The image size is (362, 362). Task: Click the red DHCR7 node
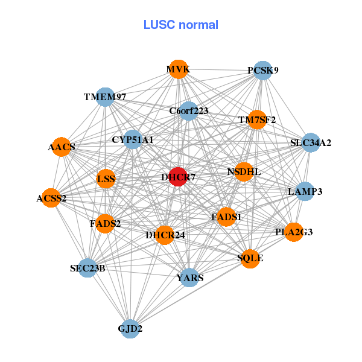pos(178,177)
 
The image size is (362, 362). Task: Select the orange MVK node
pos(178,69)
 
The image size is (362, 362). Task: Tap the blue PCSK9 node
pos(262,70)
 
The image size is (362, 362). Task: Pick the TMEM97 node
pos(106,97)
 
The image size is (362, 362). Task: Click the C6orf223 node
pos(189,110)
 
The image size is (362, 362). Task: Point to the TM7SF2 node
pos(257,119)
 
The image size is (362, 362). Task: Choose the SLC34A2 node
pos(311,143)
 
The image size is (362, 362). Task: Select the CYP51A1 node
pos(132,139)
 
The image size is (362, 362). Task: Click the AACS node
pos(62,147)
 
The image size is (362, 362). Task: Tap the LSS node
pos(106,179)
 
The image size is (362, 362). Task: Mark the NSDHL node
pos(244,172)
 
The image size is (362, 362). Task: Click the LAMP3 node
pos(305,191)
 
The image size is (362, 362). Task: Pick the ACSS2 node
pos(51,198)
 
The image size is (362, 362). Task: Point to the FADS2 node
pos(106,223)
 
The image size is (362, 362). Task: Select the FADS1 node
pos(226,217)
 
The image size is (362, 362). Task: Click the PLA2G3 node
pos(294,232)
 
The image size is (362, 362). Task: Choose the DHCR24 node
pos(165,235)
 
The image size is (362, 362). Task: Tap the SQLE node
pos(250,258)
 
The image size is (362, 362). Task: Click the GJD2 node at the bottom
pos(130,329)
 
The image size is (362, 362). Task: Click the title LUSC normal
pos(181,25)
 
